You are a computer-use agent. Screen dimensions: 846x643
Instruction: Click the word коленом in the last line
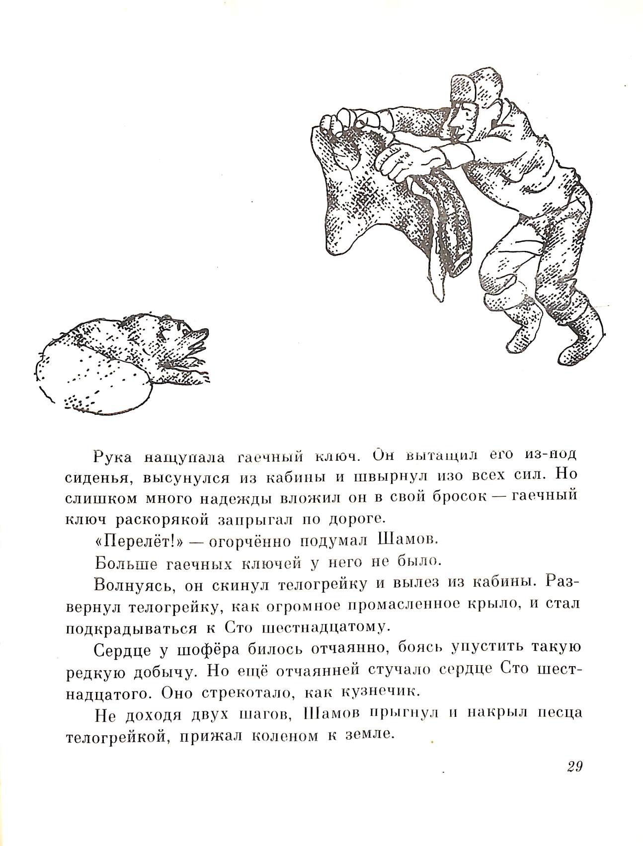tap(283, 736)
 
